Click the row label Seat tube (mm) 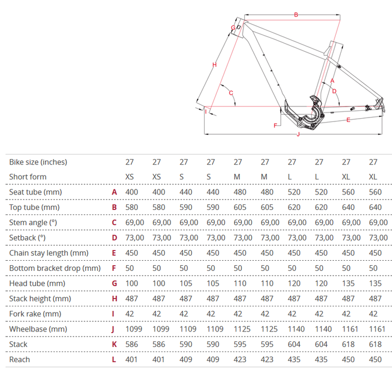coord(36,192)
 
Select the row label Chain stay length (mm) coord(49,253)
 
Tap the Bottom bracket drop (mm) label coord(54,268)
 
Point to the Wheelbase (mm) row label coord(38,329)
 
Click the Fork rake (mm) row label coord(35,314)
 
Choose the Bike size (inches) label coord(38,162)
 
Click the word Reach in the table coord(19,359)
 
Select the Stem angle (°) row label coord(33,222)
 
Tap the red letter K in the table coord(114,344)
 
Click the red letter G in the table coord(114,284)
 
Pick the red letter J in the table coord(113,329)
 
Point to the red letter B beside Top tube coord(114,207)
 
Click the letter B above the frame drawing coord(296,15)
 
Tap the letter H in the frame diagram coord(214,65)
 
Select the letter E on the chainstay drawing coord(348,120)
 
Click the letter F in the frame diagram coord(275,125)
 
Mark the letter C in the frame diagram coord(231,93)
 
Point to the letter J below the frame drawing coord(298,134)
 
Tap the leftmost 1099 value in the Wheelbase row coord(134,329)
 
